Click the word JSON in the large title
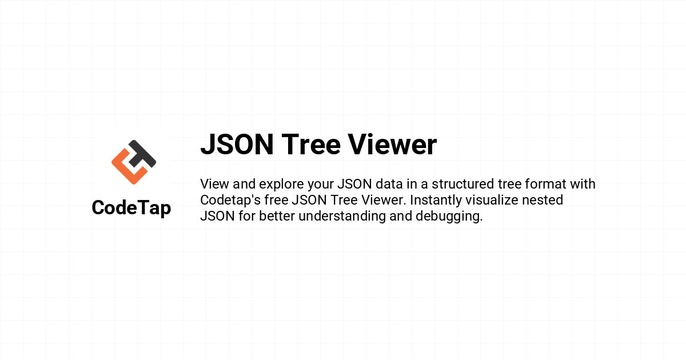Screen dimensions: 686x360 tap(237, 145)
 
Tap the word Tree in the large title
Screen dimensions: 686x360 tap(311, 145)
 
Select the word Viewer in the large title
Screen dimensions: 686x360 tap(393, 145)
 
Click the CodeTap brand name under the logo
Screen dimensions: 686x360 tap(131, 208)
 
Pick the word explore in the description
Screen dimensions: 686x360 tap(281, 185)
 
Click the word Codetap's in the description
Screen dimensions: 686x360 tap(230, 201)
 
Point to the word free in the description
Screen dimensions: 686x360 tap(276, 200)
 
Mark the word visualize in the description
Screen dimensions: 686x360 tap(492, 200)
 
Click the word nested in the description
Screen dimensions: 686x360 tap(543, 200)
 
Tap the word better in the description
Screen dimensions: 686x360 tap(277, 216)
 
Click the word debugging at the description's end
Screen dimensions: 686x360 tap(448, 217)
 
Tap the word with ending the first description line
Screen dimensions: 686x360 tap(583, 184)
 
